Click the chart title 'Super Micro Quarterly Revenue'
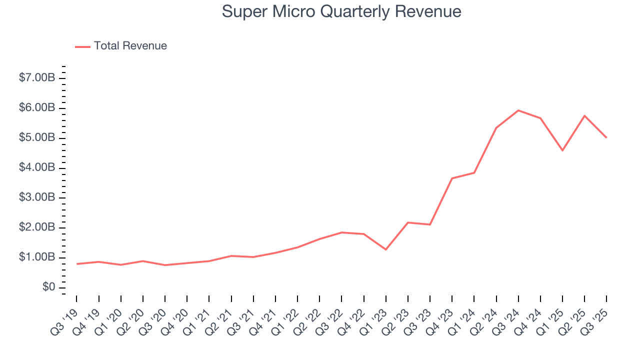341,11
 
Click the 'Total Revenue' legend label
130,46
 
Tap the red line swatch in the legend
82,46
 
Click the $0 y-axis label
49,287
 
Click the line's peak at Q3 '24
518,110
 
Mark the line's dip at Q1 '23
386,249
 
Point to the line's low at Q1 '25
562,150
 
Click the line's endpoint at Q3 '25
606,137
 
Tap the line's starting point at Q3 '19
77,264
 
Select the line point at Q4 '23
452,178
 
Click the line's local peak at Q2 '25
584,115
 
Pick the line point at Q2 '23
408,222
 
